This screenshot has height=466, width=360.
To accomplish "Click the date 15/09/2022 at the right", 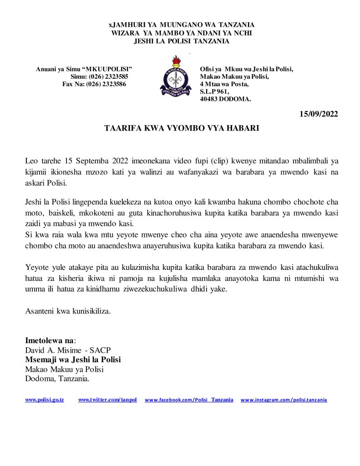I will pyautogui.click(x=319, y=114).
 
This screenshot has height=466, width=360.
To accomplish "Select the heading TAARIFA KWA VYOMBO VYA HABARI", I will pyautogui.click(x=182, y=128).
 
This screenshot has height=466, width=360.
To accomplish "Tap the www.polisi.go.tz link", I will pyautogui.click(x=44, y=400).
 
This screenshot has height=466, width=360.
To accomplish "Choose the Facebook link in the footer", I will pyautogui.click(x=189, y=400).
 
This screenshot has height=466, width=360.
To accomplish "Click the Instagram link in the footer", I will pyautogui.click(x=284, y=400).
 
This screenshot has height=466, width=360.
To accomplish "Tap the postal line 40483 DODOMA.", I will pyautogui.click(x=225, y=99).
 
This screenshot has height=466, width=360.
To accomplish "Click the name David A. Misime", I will pyautogui.click(x=54, y=350).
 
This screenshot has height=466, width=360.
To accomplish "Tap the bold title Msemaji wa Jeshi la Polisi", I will pyautogui.click(x=73, y=360).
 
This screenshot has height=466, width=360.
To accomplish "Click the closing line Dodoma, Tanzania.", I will pyautogui.click(x=57, y=379).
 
